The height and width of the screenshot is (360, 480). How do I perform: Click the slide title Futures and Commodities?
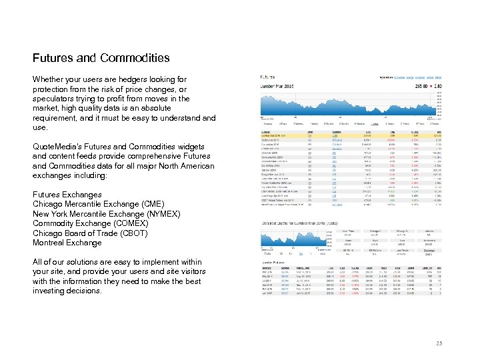[x=101, y=58]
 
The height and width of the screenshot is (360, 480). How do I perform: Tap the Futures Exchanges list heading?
[x=67, y=195]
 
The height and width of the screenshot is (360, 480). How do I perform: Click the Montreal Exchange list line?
[x=67, y=243]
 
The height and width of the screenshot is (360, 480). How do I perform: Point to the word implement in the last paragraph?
[x=163, y=262]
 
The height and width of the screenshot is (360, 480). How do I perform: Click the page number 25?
[x=437, y=343]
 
